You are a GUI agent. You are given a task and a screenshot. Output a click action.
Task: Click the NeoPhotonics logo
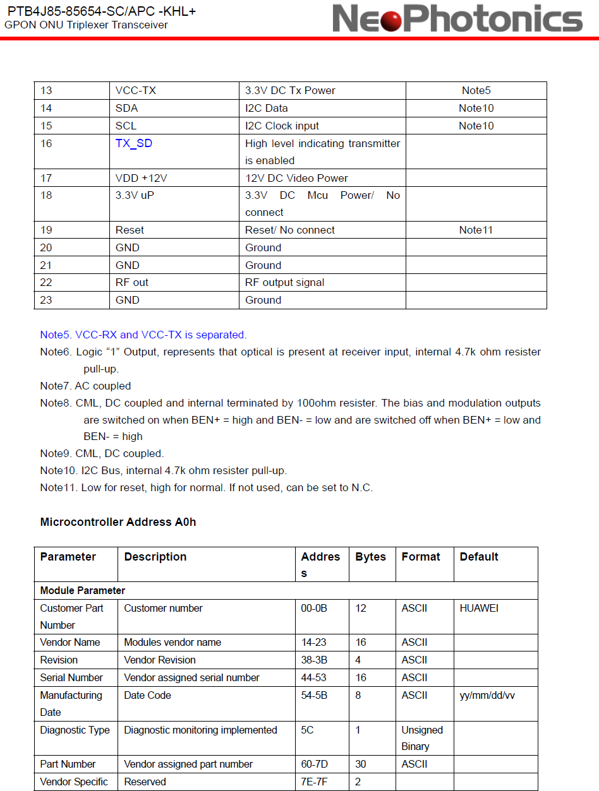[457, 18]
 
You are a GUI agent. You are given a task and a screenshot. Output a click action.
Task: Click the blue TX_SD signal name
[133, 143]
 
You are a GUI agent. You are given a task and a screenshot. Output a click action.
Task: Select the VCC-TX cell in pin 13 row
[135, 90]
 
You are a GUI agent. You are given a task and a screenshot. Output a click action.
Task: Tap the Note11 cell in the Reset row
[476, 230]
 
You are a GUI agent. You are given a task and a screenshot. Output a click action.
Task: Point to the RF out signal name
[131, 282]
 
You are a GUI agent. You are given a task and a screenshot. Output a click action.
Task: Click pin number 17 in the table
[46, 178]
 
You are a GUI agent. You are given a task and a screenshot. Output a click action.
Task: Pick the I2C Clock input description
[282, 126]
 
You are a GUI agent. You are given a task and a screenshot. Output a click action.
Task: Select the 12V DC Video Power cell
[296, 178]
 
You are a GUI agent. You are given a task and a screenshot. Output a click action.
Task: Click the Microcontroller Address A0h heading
[118, 522]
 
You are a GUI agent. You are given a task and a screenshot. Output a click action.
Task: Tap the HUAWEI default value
[478, 608]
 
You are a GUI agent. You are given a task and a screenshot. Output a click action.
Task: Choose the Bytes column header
[370, 557]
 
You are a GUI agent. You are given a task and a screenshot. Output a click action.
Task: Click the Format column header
[420, 557]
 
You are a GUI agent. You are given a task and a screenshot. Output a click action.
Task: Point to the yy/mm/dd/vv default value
[487, 695]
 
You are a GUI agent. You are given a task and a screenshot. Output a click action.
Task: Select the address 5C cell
[307, 730]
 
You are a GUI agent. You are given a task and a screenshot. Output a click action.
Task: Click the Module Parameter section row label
[83, 591]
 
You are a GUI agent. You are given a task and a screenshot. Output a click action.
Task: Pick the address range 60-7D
[314, 764]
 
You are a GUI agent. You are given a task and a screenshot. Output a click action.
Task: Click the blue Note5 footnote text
[143, 335]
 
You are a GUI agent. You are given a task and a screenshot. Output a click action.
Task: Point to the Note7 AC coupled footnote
[85, 386]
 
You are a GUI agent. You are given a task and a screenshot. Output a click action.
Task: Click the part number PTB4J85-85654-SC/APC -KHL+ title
[101, 11]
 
